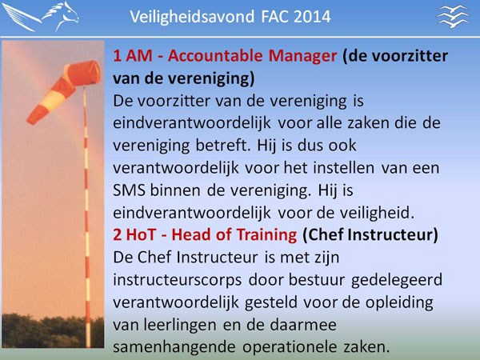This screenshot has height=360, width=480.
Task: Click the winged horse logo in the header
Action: click(x=41, y=16)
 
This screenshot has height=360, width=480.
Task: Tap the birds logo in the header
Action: click(x=453, y=16)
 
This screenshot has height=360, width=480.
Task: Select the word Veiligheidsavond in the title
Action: click(x=192, y=17)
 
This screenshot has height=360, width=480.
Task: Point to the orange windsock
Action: click(x=64, y=90)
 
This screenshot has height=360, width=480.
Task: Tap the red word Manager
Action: click(x=302, y=56)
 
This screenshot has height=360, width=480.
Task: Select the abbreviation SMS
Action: click(x=129, y=190)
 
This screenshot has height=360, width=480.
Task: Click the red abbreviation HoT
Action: click(x=141, y=234)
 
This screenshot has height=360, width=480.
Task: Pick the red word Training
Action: click(x=266, y=235)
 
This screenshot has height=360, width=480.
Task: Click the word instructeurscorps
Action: click(x=178, y=280)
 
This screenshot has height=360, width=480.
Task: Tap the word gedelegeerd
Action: click(x=397, y=280)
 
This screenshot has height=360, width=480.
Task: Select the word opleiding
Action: click(x=399, y=302)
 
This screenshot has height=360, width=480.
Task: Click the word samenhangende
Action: click(x=174, y=347)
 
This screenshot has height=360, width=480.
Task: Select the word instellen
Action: click(x=343, y=168)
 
